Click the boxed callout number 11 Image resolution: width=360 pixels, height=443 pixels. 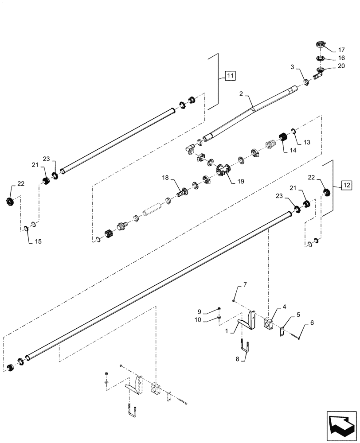[230, 76]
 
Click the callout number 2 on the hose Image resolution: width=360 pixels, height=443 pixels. [241, 94]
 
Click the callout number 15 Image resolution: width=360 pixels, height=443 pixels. [38, 241]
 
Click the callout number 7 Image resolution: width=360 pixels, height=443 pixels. [245, 285]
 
